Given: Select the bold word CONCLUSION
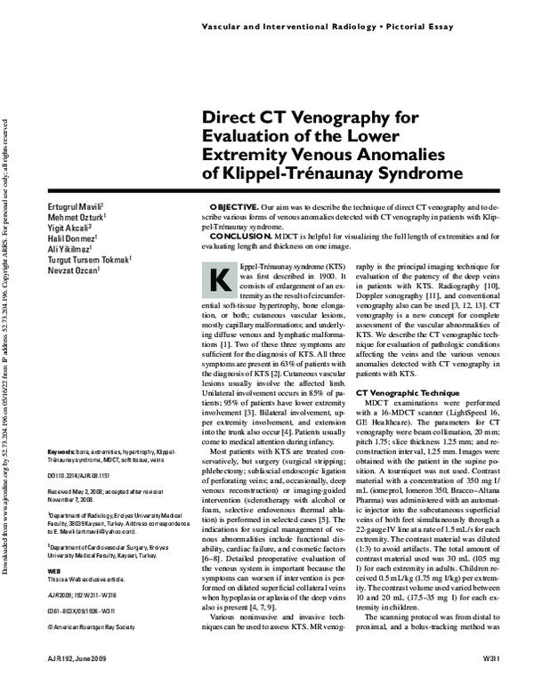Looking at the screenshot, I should (x=235, y=235).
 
